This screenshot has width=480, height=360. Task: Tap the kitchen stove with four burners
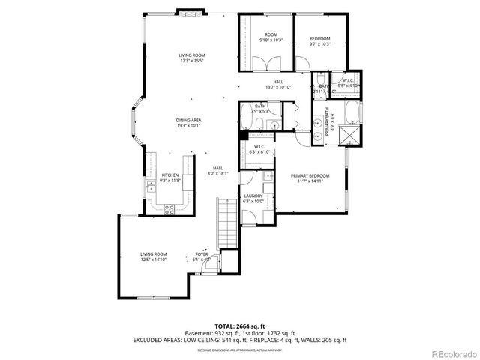(169, 209)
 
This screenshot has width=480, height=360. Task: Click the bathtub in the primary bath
(352, 112)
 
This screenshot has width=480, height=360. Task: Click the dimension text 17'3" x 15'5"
(192, 61)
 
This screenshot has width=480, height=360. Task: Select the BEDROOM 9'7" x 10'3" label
(319, 38)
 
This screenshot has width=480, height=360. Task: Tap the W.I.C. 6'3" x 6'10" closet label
(259, 149)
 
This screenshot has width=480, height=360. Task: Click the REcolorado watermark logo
(449, 353)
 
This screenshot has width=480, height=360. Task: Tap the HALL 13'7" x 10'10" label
(278, 85)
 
